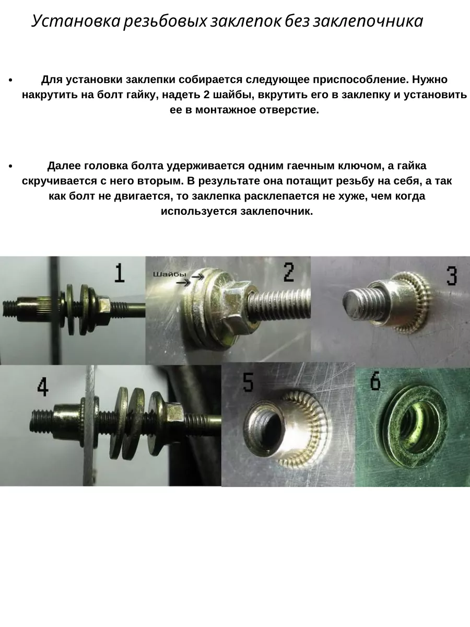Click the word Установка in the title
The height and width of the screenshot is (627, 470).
point(76,21)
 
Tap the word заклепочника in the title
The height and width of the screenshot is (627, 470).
point(368,21)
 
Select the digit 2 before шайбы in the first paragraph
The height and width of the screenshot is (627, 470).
point(207,95)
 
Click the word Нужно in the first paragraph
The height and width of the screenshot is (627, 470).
point(430,80)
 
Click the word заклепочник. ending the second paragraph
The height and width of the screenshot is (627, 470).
point(277,212)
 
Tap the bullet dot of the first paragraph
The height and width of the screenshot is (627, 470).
point(10,80)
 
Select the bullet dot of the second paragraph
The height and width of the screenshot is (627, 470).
point(10,166)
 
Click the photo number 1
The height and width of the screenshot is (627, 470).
point(120,273)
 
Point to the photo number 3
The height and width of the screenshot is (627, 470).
point(451,276)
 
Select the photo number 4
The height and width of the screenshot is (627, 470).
point(43,387)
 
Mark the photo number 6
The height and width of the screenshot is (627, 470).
point(375,381)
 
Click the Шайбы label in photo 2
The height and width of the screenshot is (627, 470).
point(170,275)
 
